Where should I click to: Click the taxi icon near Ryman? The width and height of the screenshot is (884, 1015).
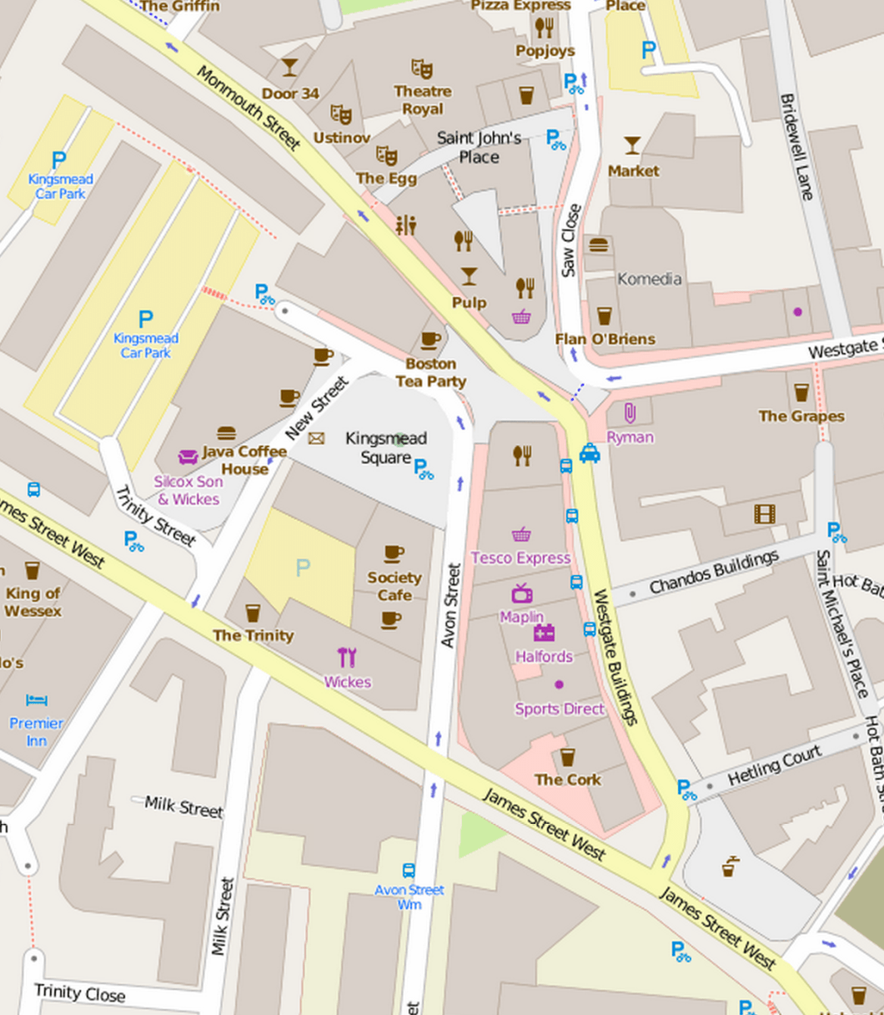(x=590, y=453)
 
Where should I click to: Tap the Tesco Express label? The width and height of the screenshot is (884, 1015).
(x=520, y=558)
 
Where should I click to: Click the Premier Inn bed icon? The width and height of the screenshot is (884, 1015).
(x=37, y=700)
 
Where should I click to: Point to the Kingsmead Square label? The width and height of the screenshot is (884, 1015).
(x=385, y=447)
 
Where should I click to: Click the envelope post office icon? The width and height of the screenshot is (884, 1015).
(x=316, y=438)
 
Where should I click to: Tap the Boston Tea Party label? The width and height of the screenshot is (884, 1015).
(x=430, y=372)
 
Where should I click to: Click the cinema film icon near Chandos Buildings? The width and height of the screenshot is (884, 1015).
(x=764, y=513)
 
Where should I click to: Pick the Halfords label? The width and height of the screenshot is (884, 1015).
(x=544, y=656)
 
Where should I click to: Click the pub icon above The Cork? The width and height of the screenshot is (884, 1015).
(x=567, y=757)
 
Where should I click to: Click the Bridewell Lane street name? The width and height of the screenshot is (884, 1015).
(x=796, y=146)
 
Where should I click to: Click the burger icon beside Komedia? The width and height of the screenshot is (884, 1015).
(x=598, y=245)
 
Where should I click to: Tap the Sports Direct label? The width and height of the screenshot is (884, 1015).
(x=559, y=709)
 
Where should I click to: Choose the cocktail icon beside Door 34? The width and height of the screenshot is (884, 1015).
(x=289, y=68)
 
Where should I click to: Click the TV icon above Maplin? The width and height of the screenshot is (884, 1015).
(x=522, y=594)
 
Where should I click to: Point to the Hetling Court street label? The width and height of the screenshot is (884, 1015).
(x=775, y=766)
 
